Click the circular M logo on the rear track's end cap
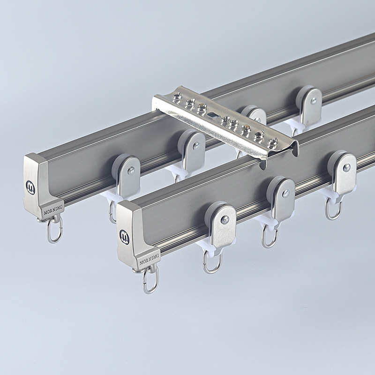pos(30,188)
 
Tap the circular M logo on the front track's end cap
pos(124,237)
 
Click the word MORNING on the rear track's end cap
pos(53,210)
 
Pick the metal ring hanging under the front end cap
pos(150,280)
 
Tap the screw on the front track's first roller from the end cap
pos(225,220)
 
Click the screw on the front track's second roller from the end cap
pos(285,194)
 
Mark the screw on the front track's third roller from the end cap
pos(346,168)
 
